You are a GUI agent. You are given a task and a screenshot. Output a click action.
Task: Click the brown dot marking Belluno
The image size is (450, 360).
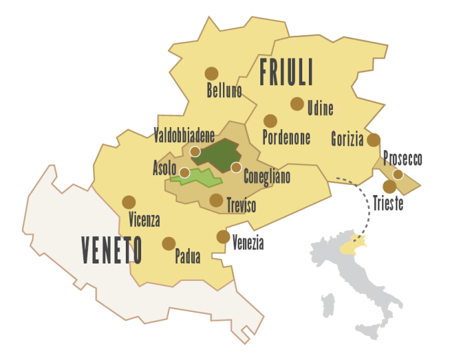click(x=211, y=73)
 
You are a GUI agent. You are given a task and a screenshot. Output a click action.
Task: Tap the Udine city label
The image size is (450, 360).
click(x=320, y=107)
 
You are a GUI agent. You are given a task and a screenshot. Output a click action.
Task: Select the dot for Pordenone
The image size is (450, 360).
click(x=270, y=120)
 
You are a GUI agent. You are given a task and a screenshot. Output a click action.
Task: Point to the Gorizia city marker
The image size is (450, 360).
click(x=373, y=139)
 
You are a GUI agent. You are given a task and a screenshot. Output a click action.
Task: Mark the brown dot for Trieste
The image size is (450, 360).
click(x=389, y=186)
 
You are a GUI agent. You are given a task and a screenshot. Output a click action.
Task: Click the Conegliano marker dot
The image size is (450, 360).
click(x=236, y=166)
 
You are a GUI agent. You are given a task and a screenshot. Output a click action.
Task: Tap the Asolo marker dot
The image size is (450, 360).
click(x=184, y=172)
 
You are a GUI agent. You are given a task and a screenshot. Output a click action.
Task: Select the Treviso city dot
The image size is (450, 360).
click(x=216, y=199)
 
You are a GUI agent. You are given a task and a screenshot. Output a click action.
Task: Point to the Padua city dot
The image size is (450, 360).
click(x=168, y=243)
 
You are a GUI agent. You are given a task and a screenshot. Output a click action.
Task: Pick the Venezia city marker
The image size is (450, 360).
click(x=223, y=236)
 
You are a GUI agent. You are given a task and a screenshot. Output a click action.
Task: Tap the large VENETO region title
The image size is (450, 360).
click(x=111, y=250)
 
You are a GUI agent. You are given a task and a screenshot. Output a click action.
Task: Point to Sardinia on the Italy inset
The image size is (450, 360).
click(x=327, y=307)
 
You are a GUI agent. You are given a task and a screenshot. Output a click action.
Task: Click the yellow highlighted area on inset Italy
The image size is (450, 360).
click(x=351, y=246)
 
